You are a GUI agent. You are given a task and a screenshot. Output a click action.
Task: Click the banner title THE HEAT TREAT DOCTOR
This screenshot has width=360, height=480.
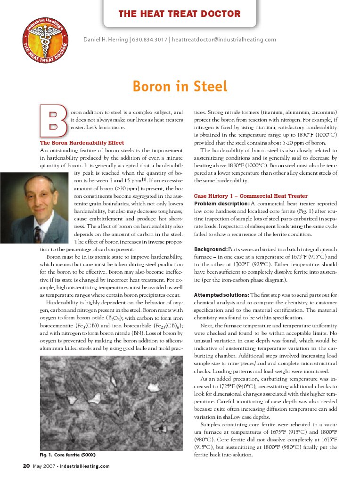(x=180, y=14)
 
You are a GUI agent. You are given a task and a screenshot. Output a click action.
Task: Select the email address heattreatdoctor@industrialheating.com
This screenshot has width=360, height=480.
(x=224, y=39)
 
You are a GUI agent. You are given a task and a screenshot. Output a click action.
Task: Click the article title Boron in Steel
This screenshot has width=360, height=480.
(x=180, y=87)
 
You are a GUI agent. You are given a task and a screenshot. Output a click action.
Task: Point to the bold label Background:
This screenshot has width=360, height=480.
(x=211, y=249)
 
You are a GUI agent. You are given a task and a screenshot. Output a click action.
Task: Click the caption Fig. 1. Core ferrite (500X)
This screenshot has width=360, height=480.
(x=68, y=455)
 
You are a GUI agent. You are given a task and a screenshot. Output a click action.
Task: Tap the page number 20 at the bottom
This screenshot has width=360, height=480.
(x=26, y=466)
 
